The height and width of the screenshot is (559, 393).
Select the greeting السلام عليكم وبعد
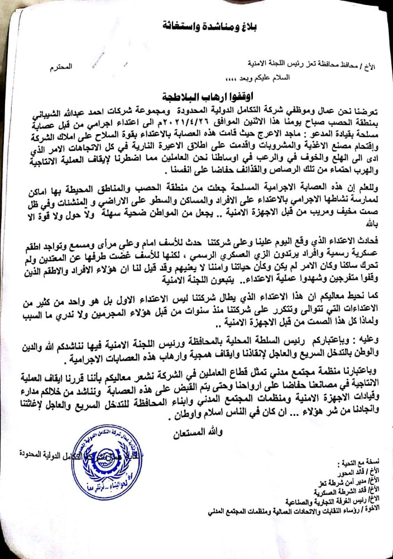261,79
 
